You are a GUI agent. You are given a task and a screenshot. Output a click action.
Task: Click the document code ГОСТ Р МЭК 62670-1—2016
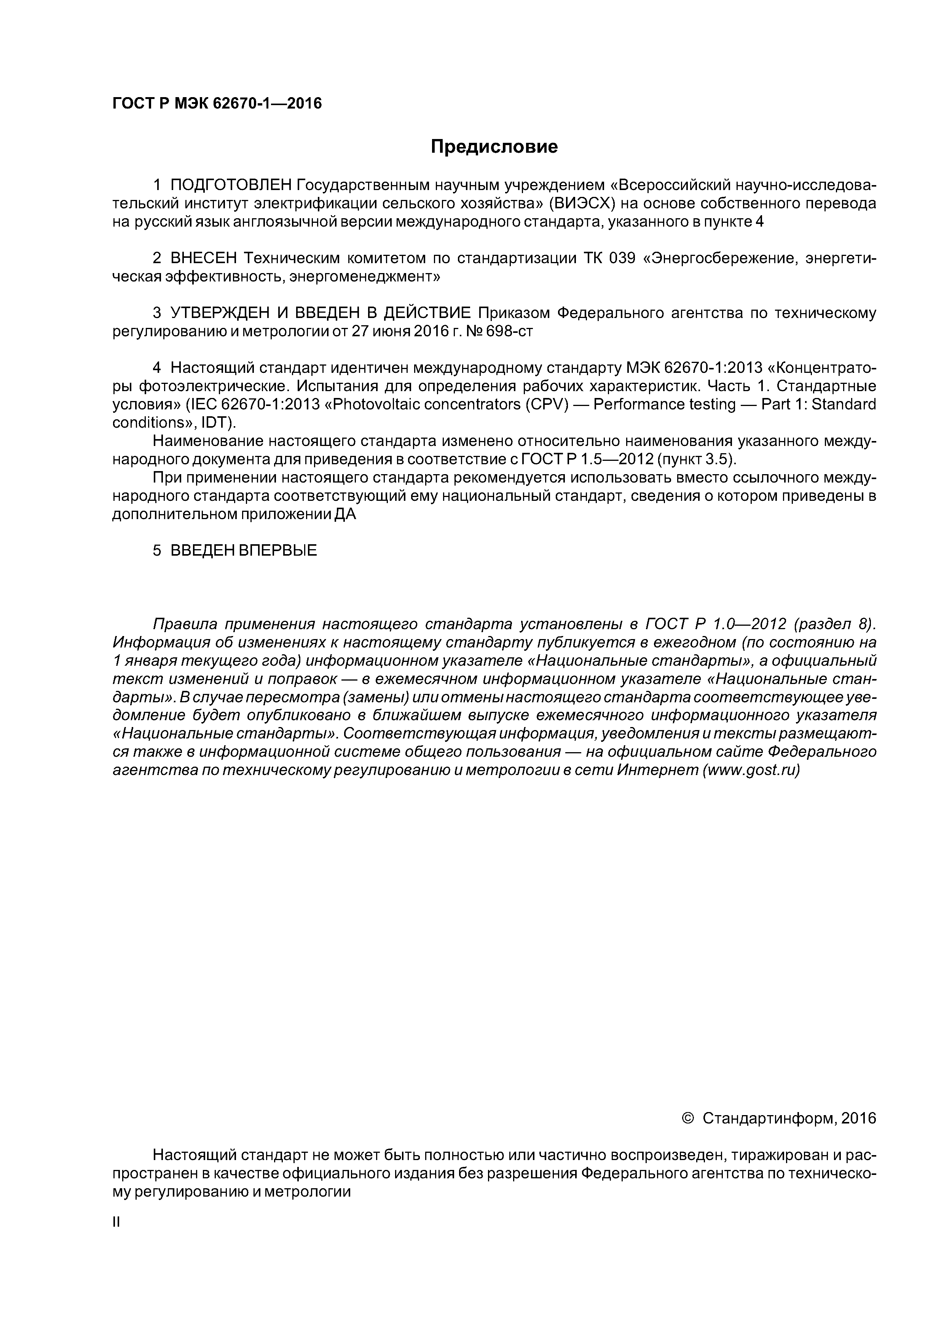point(216,104)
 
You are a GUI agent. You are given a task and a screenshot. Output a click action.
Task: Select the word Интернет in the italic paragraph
point(658,770)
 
